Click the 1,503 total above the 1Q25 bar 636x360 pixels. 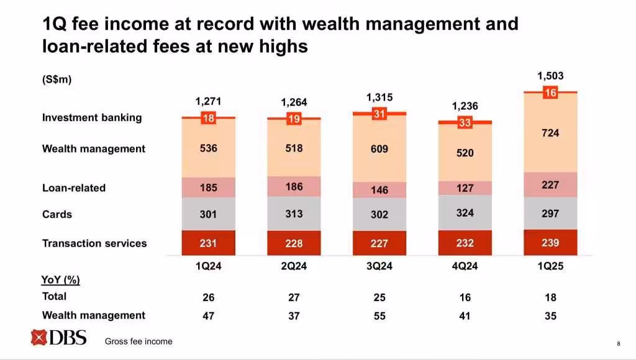point(550,76)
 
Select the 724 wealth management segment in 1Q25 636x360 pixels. point(550,133)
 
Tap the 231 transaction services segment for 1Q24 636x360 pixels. point(209,243)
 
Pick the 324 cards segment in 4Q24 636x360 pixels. point(465,213)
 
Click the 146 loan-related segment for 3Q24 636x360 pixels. point(379,190)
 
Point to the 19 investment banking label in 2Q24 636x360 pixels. point(294,120)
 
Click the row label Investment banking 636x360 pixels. point(92,117)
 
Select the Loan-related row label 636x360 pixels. point(74,187)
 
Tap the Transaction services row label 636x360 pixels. point(94,243)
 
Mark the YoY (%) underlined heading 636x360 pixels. point(60,280)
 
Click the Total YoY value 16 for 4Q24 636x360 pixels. point(465,298)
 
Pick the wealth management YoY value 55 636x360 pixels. point(379,316)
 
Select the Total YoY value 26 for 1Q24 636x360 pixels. point(209,298)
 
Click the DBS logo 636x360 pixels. point(58,338)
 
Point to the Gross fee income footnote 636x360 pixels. point(139,341)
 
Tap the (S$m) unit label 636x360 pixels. point(57,79)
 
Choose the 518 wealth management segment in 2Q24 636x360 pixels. point(294,149)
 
